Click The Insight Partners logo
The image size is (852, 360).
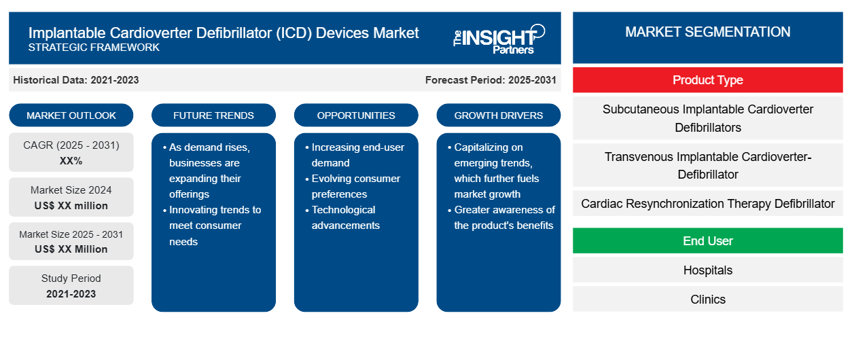click(x=499, y=39)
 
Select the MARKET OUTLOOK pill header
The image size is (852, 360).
click(x=71, y=115)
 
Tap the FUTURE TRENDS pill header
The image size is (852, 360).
click(x=213, y=115)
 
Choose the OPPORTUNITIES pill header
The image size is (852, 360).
click(x=356, y=115)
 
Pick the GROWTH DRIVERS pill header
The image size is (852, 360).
click(x=498, y=115)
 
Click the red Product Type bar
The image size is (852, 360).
click(x=707, y=80)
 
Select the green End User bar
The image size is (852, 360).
click(x=707, y=240)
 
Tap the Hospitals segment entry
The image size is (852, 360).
click(x=707, y=270)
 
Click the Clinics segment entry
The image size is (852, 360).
click(x=707, y=299)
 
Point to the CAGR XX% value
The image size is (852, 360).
click(x=71, y=161)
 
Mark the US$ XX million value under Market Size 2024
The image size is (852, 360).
click(x=71, y=206)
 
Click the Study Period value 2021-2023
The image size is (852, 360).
click(x=71, y=294)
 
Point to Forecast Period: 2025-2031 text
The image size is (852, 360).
click(x=491, y=80)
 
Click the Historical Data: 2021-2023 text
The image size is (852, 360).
click(x=76, y=80)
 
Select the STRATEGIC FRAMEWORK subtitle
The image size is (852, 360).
click(x=94, y=47)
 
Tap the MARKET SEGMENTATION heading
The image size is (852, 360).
click(x=707, y=32)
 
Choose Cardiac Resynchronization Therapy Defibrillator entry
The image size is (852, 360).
click(x=707, y=204)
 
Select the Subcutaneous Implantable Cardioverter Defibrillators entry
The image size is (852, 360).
click(x=707, y=118)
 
